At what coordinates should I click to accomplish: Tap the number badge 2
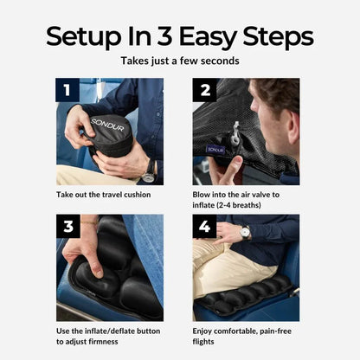coord(205,90)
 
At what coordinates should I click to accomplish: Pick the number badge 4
coord(205,227)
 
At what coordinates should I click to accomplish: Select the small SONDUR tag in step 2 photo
coord(215,148)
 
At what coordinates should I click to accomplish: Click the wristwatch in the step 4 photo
coord(246,232)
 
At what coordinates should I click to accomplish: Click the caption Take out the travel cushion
coord(102,194)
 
